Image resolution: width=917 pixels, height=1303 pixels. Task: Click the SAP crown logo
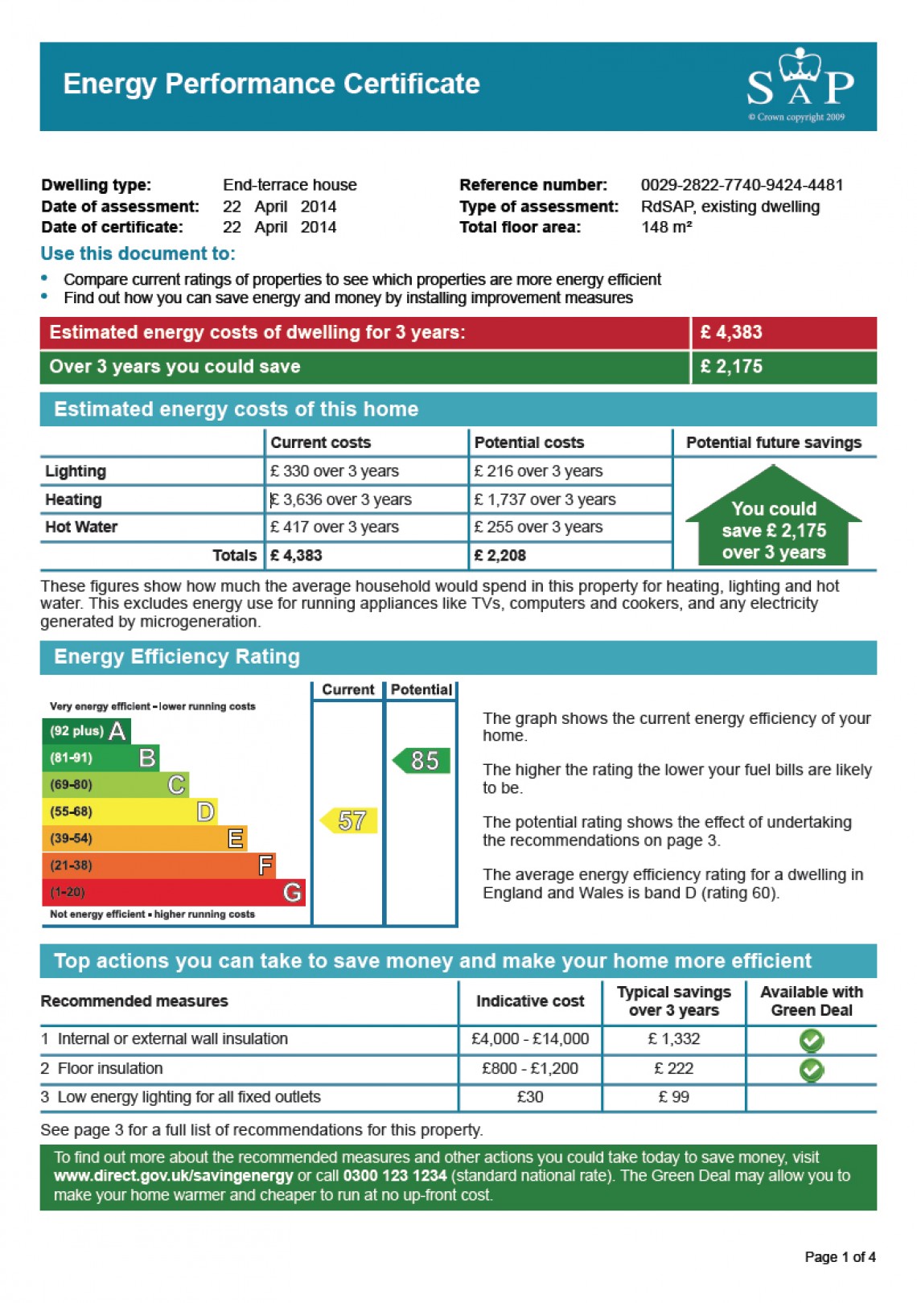coord(800,80)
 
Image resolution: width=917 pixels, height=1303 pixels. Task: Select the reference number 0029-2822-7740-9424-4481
coord(742,185)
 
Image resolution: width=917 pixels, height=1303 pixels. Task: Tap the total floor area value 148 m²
coord(666,228)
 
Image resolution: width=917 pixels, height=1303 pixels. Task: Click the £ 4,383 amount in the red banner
coord(730,332)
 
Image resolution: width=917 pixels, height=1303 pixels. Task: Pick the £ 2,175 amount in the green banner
coord(730,367)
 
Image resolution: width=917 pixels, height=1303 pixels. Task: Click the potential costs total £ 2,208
coord(500,555)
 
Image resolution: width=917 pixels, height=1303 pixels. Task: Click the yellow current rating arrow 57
coord(350,820)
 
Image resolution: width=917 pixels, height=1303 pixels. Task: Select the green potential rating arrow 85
coord(422,761)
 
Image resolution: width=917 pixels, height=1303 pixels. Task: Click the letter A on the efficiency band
coord(117,731)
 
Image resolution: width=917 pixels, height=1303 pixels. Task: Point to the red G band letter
coord(292,892)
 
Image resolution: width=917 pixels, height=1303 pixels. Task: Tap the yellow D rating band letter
coord(205,812)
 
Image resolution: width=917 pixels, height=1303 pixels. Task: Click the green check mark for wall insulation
coord(811,1041)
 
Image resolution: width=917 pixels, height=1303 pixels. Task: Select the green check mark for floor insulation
coord(811,1070)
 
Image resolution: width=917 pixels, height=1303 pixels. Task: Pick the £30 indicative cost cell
coord(530,1097)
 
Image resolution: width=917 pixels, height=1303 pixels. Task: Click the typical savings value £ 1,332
coord(674,1039)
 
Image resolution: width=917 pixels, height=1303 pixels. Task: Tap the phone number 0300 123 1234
coord(394,1176)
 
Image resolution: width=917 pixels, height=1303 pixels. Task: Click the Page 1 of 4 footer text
coord(840,1257)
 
